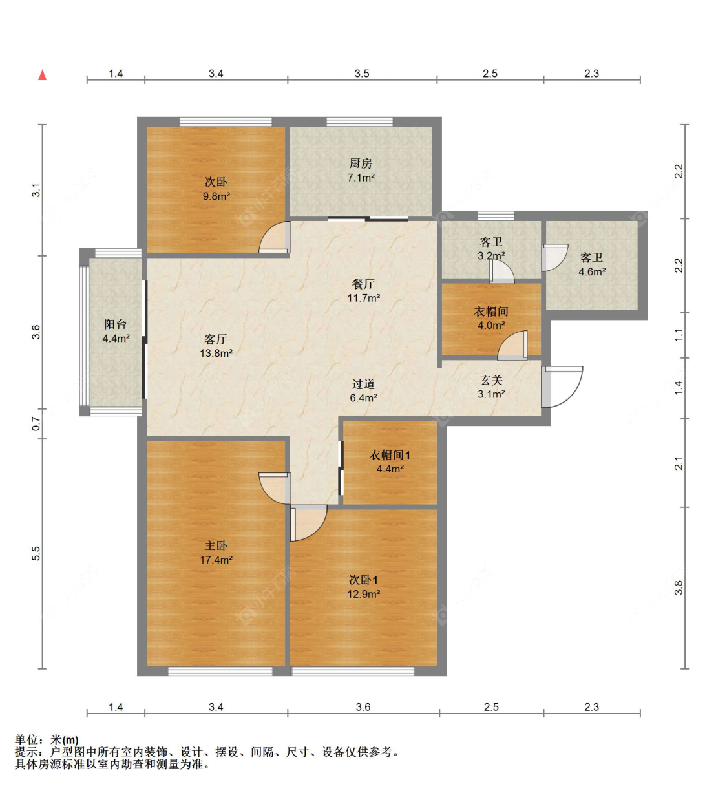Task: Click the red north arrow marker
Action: coord(42,75)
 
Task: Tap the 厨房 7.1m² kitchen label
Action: coord(361,171)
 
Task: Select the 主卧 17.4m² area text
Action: coord(216,553)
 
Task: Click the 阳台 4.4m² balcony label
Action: coord(116,331)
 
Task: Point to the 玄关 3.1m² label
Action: coord(491,386)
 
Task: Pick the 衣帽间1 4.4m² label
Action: coord(390,461)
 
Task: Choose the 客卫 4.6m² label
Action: coord(592,264)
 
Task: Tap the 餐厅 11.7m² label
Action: coord(364,291)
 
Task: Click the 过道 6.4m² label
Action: coord(363,390)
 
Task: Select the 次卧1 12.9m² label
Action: coord(364,587)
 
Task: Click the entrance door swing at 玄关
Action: coord(562,387)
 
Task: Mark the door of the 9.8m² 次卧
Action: coord(275,237)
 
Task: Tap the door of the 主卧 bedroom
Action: coord(275,488)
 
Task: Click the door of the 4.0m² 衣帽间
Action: coord(512,345)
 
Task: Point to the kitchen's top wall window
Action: coord(360,122)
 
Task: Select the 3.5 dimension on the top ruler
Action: coord(362,74)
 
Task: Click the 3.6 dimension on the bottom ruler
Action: coord(363,707)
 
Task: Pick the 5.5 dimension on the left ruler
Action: coord(36,553)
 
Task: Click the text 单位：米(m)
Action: coord(47,740)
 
